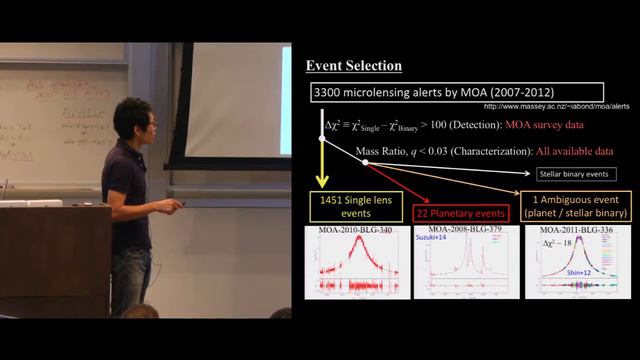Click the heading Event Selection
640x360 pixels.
click(x=353, y=66)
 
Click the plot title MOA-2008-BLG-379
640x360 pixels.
click(x=464, y=230)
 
